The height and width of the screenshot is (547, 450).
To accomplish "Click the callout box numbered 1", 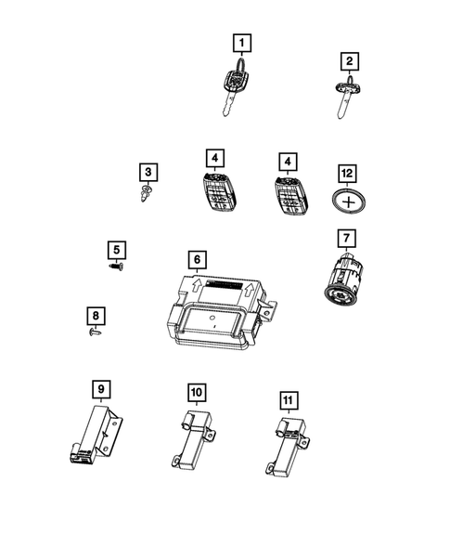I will (x=241, y=43).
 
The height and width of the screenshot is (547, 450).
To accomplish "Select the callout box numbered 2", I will (x=350, y=62).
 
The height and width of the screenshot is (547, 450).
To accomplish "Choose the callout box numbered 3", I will (x=147, y=172).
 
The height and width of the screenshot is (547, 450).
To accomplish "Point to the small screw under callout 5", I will (x=115, y=267).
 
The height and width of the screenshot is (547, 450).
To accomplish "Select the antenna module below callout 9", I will (x=95, y=435).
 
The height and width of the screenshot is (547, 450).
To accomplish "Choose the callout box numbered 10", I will (x=196, y=393).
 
